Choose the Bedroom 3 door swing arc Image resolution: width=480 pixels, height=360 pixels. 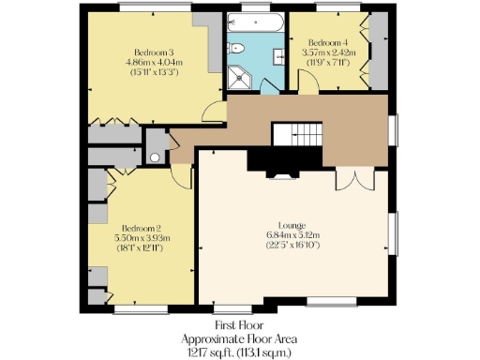(x=216, y=111)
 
